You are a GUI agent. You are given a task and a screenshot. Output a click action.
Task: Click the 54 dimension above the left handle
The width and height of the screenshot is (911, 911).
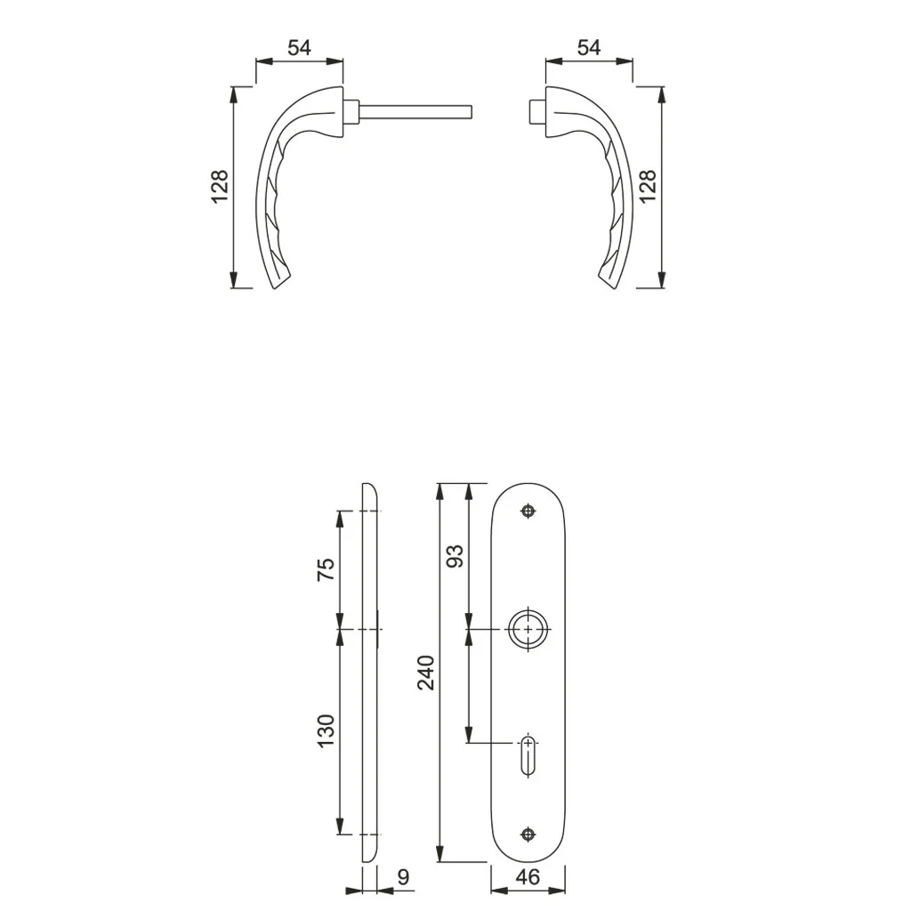299,48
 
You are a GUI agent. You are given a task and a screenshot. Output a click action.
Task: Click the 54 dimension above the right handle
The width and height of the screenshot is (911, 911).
589,48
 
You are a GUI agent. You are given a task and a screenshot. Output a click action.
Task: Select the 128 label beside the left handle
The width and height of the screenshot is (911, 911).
220,186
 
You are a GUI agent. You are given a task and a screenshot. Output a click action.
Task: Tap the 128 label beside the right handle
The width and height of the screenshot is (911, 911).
648,186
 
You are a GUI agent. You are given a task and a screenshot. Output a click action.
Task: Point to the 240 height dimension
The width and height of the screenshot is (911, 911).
426,673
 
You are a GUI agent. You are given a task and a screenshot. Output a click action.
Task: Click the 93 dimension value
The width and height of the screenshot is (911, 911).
455,556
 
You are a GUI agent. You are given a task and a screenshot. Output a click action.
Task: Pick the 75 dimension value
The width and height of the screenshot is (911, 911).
326,568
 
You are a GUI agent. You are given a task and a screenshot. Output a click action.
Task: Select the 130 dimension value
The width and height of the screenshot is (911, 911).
326,731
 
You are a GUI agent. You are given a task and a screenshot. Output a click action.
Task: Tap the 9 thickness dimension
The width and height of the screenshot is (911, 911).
404,876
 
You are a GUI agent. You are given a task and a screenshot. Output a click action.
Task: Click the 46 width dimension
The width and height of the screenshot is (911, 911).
528,876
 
